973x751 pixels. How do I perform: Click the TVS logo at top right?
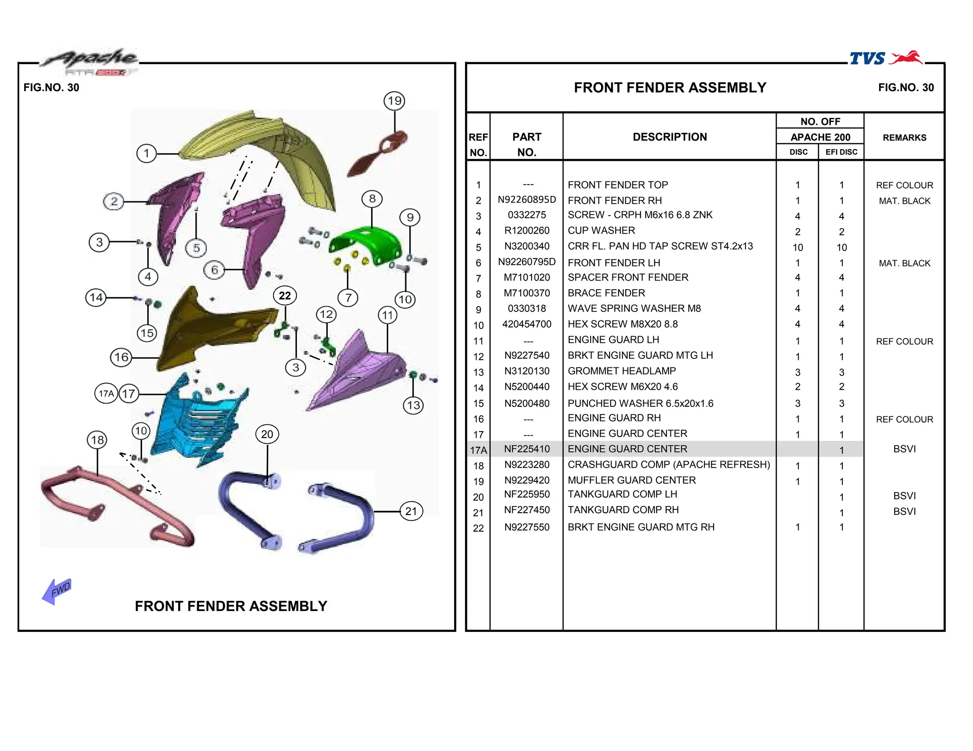(886, 58)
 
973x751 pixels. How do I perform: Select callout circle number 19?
(394, 101)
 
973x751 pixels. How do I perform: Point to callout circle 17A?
(106, 394)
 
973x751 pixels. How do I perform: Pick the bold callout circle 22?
(285, 296)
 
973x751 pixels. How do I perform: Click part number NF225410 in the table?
(527, 449)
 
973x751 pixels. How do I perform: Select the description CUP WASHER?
(601, 231)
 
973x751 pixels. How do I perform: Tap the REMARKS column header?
(904, 138)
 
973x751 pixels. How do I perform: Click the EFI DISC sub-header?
(841, 152)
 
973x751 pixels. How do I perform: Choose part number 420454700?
(527, 324)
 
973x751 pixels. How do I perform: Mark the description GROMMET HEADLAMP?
(621, 371)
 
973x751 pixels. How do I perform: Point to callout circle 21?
(411, 511)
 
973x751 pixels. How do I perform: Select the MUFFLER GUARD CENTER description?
(631, 480)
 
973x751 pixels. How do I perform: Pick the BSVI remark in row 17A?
(904, 449)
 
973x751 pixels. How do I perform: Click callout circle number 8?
(372, 198)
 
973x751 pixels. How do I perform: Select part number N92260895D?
(527, 200)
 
